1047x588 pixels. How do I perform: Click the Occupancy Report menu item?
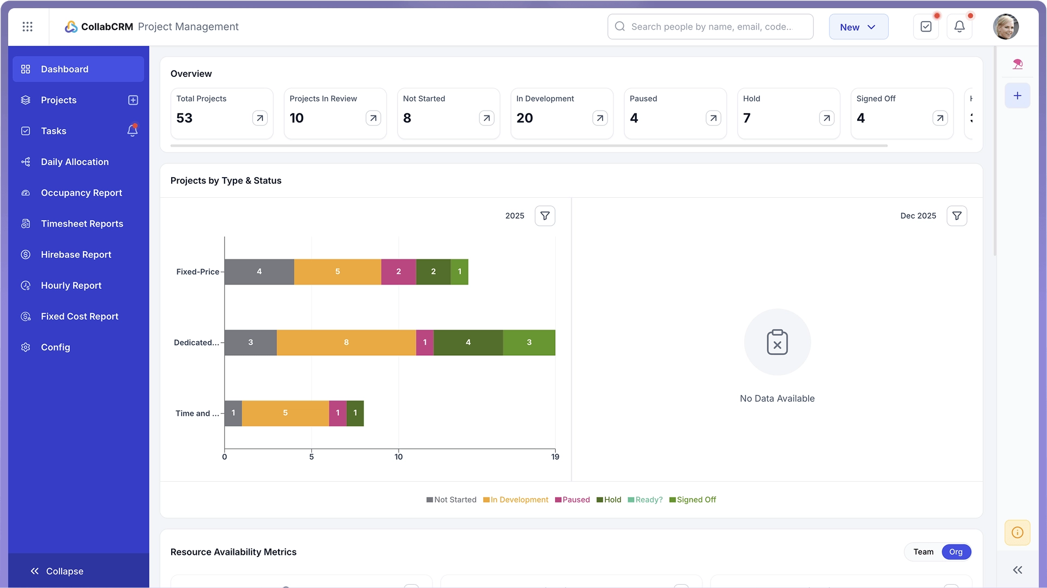click(81, 193)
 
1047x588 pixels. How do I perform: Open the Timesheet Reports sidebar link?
click(82, 224)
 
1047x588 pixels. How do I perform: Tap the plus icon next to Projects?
click(133, 100)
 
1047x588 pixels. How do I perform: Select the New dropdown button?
click(858, 27)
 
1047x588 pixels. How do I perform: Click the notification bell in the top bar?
click(959, 27)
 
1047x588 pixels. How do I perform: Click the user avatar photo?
click(1006, 27)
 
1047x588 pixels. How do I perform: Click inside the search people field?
click(711, 27)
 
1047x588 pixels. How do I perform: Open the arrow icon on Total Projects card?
click(260, 118)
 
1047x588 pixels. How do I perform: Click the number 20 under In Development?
click(525, 118)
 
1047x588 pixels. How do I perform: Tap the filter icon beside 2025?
click(545, 216)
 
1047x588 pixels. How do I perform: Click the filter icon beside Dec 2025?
click(956, 216)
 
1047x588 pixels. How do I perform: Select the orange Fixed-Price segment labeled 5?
click(338, 271)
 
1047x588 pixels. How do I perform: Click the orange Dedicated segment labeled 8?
click(346, 342)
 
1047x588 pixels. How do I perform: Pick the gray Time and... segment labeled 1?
click(233, 413)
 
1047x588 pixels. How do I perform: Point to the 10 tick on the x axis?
click(399, 457)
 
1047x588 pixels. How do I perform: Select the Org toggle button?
click(955, 552)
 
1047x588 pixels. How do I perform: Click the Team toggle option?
click(923, 552)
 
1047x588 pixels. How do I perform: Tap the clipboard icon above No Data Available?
click(777, 342)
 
